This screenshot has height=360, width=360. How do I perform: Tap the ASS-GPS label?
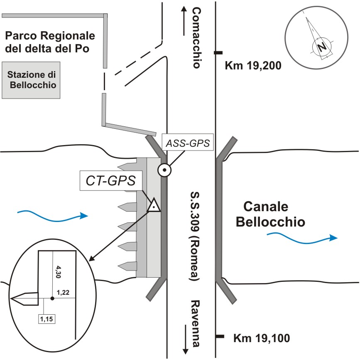click(x=188, y=144)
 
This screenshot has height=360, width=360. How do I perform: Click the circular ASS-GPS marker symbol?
click(x=165, y=170)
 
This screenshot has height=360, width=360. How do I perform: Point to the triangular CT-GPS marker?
click(x=154, y=205)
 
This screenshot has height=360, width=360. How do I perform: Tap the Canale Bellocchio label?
click(x=270, y=214)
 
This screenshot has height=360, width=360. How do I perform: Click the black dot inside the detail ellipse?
click(x=52, y=298)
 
